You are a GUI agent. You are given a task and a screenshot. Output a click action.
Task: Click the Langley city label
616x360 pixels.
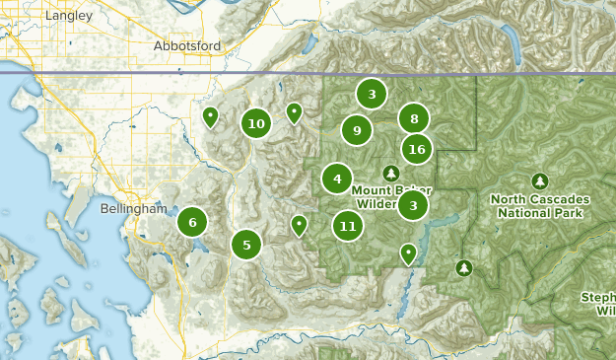(x=69, y=16)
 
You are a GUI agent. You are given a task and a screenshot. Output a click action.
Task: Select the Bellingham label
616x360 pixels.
(x=134, y=209)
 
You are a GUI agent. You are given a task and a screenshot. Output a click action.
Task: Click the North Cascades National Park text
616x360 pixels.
(x=539, y=205)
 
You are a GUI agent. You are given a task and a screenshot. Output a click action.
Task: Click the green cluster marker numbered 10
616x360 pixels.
(x=256, y=123)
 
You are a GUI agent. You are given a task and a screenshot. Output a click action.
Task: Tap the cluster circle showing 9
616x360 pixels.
(x=357, y=129)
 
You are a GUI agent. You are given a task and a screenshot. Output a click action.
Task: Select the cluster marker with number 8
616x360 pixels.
(x=414, y=118)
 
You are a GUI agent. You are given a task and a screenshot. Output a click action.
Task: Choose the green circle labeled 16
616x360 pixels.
(x=417, y=149)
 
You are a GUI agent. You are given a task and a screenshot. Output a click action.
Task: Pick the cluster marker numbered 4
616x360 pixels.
(x=337, y=179)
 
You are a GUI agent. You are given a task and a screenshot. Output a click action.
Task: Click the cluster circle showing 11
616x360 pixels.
(x=347, y=226)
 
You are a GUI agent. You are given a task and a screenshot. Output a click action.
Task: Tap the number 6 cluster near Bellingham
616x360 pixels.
(x=192, y=222)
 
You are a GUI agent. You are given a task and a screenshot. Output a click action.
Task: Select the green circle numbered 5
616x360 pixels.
(x=246, y=244)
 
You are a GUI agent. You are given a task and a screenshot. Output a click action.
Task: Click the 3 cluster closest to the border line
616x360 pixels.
(x=372, y=95)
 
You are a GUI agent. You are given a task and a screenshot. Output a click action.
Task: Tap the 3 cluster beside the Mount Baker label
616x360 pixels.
(x=413, y=205)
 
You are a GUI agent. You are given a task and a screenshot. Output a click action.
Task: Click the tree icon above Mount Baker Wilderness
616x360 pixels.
(x=391, y=174)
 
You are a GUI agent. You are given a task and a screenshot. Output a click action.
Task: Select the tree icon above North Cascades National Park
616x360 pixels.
(x=539, y=180)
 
